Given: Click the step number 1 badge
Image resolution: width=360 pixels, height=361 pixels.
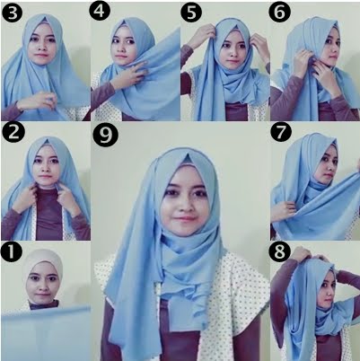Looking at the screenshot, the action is click(12, 252).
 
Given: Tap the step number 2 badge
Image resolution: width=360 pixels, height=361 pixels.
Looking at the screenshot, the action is click(13, 134).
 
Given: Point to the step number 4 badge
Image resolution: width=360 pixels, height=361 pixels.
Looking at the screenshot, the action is click(101, 12).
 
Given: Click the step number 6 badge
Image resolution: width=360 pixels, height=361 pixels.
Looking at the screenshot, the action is click(280, 12).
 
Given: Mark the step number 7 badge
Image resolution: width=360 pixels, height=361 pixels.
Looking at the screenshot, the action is click(281, 134).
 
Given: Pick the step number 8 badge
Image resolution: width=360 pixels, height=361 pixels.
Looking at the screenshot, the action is click(280, 252).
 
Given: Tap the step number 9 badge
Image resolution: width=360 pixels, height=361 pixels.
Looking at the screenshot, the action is click(105, 136).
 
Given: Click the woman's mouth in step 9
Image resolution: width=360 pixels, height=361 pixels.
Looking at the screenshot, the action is click(183, 218).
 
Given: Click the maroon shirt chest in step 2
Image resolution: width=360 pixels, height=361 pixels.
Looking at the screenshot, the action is click(49, 214).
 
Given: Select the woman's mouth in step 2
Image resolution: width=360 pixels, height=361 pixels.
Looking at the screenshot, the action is click(45, 177).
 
